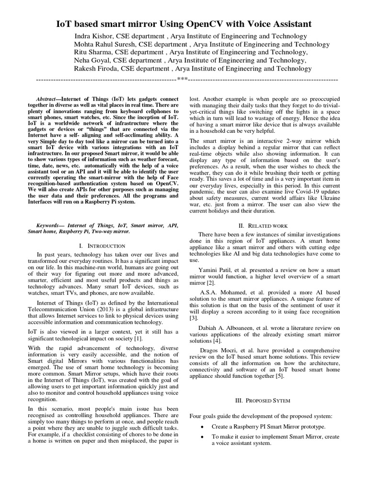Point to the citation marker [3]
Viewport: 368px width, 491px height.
(x=193, y=317)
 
